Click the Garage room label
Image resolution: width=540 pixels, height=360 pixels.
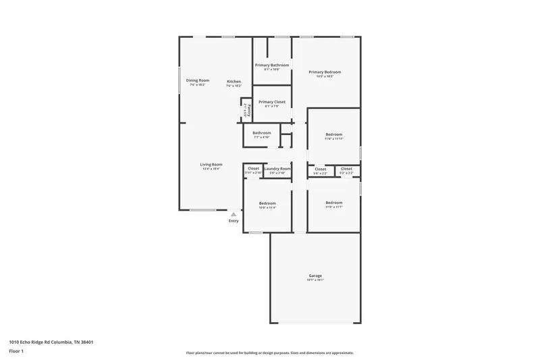pos(315,276)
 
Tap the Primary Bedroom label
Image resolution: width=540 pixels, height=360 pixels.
pos(325,72)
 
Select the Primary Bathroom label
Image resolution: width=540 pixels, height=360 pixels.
pos(272,65)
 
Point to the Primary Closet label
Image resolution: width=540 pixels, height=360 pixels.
pos(272,102)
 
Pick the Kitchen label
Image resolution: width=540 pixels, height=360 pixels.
pos(234,82)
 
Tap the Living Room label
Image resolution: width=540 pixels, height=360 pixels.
pos(211,164)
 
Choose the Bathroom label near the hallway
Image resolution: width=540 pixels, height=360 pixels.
pos(262,132)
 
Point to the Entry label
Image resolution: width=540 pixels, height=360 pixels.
pos(234,221)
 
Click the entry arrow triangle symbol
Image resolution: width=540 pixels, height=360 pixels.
pos(234,213)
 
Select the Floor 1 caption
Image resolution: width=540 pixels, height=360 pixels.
pos(16,351)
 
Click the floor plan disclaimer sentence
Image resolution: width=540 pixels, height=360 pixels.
pos(270,353)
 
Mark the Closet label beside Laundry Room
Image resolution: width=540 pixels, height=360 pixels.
pos(253,168)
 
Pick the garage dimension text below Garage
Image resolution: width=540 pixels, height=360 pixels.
pos(315,280)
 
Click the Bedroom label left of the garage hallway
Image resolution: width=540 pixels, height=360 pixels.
pos(268,203)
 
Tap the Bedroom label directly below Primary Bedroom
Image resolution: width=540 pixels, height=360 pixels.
pos(333,134)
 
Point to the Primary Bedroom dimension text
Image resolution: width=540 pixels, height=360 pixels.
pos(325,76)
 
